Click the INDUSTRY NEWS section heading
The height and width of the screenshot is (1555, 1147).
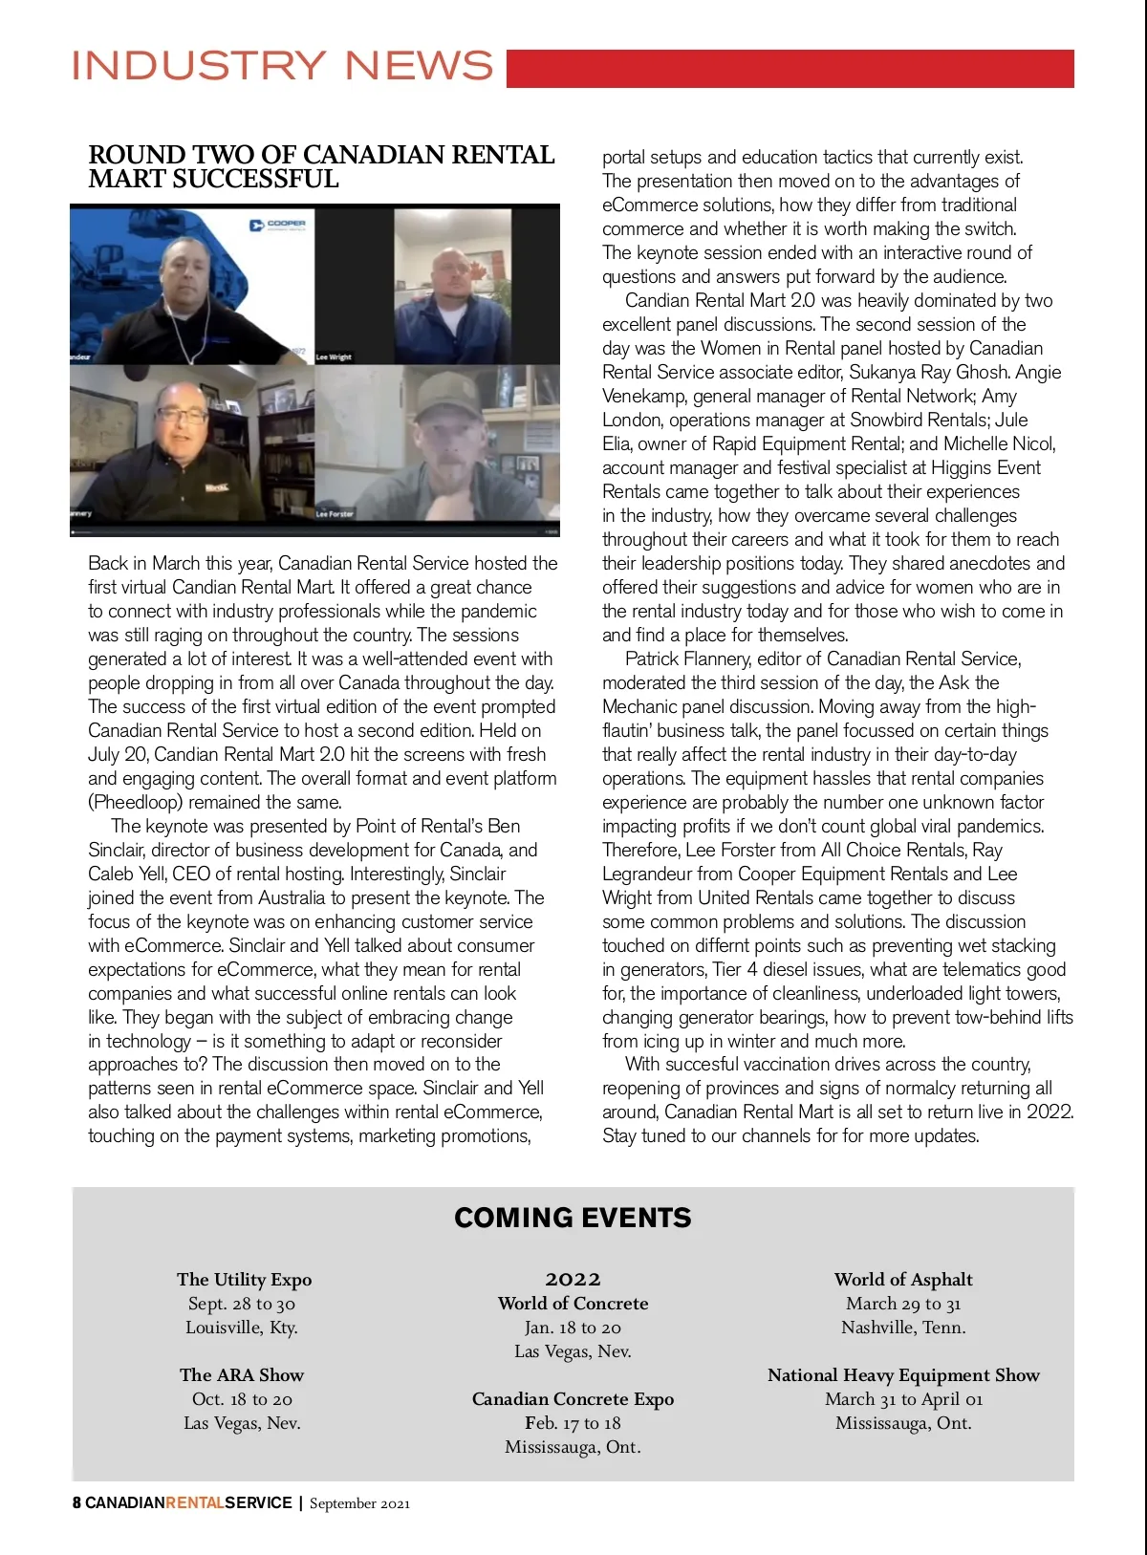tap(283, 66)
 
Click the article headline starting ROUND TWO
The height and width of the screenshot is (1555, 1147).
tap(321, 167)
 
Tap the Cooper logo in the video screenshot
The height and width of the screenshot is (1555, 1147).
tap(277, 225)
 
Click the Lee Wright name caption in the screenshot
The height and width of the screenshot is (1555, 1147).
tap(334, 356)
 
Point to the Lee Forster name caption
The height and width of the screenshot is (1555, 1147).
tap(335, 513)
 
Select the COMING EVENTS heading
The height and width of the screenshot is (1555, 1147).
tap(573, 1218)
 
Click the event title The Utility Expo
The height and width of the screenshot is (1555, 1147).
tap(244, 1280)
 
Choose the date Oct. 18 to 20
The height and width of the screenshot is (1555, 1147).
tap(242, 1399)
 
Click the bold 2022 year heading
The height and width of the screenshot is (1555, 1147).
tap(573, 1279)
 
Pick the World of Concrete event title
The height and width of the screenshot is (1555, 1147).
tap(573, 1304)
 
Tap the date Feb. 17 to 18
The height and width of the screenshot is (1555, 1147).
tap(573, 1423)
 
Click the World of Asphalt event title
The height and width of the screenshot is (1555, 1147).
tap(903, 1280)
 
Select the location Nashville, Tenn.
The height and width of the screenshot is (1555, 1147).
tap(903, 1328)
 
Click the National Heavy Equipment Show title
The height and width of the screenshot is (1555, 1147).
tap(903, 1375)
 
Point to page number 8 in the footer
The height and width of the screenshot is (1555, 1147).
tap(76, 1502)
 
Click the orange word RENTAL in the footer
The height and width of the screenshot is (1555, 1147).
tap(195, 1502)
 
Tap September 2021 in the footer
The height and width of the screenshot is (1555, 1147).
tap(359, 1503)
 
